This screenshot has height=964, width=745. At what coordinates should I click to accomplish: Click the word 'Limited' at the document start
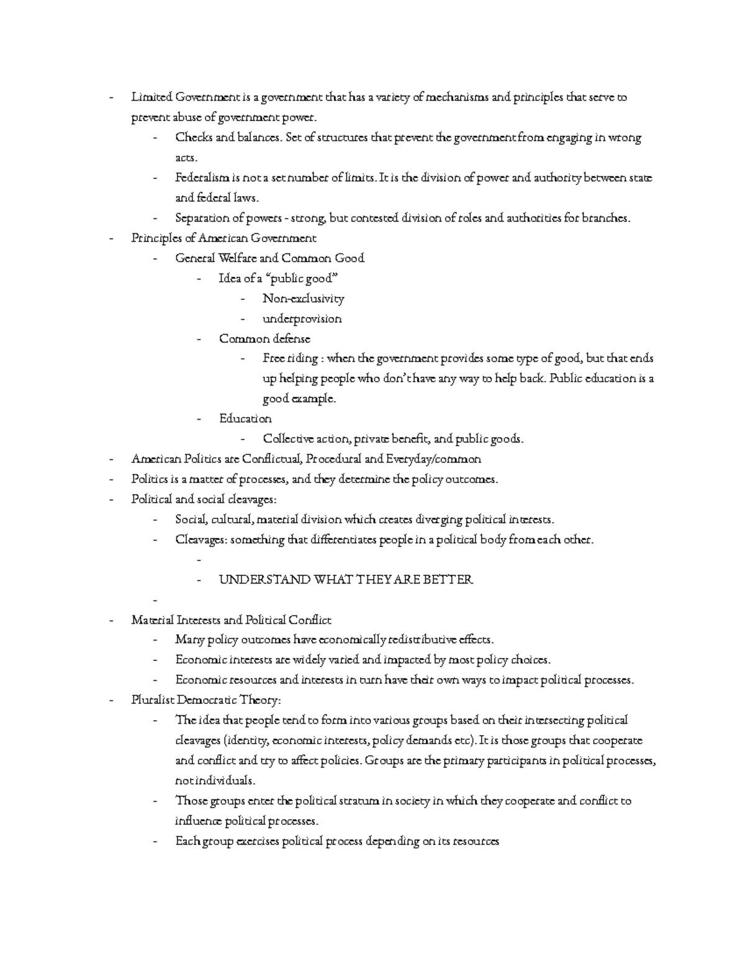pyautogui.click(x=151, y=97)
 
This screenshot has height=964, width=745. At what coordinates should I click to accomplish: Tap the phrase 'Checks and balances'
pyautogui.click(x=228, y=138)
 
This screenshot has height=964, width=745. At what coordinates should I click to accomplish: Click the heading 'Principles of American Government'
pyautogui.click(x=223, y=238)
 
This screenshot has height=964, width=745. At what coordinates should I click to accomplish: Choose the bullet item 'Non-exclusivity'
pyautogui.click(x=303, y=299)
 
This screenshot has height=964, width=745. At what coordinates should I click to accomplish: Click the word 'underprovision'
pyautogui.click(x=302, y=319)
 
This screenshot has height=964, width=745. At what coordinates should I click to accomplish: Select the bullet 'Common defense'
pyautogui.click(x=264, y=339)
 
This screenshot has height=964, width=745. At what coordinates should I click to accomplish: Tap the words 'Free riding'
pyautogui.click(x=290, y=359)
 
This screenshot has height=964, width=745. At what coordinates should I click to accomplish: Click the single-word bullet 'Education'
pyautogui.click(x=245, y=419)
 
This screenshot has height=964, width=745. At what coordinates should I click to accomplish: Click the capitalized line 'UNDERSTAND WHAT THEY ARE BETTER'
pyautogui.click(x=346, y=580)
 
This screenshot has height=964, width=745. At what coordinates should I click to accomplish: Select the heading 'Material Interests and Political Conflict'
pyautogui.click(x=231, y=620)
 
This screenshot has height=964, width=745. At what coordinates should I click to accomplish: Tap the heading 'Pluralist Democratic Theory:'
pyautogui.click(x=206, y=701)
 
